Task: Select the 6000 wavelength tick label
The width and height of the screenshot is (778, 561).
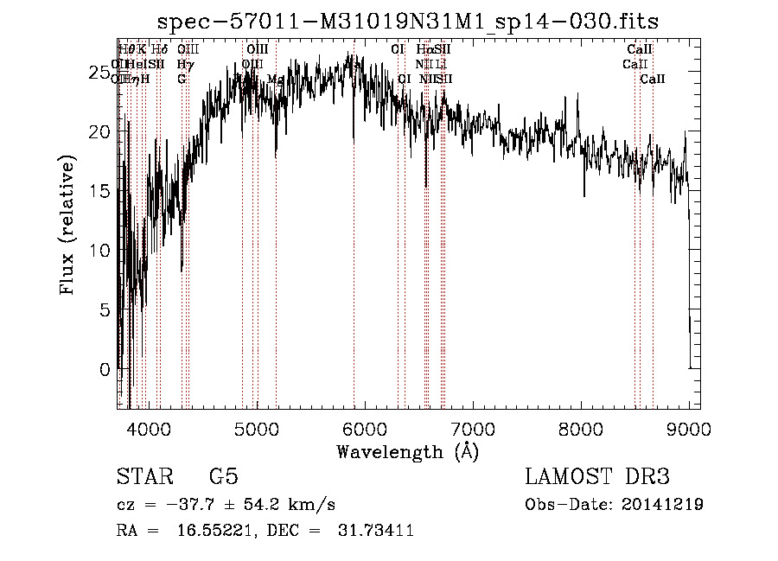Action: click(x=365, y=429)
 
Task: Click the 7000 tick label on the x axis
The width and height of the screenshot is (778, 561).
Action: click(x=473, y=429)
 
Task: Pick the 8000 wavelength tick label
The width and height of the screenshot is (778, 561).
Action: click(x=581, y=429)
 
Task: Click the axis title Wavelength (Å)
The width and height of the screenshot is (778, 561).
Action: click(x=407, y=451)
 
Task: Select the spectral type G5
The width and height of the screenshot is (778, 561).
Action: click(x=223, y=477)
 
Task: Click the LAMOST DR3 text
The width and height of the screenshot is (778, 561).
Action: click(x=596, y=477)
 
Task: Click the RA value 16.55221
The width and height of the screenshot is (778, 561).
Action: click(x=209, y=531)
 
